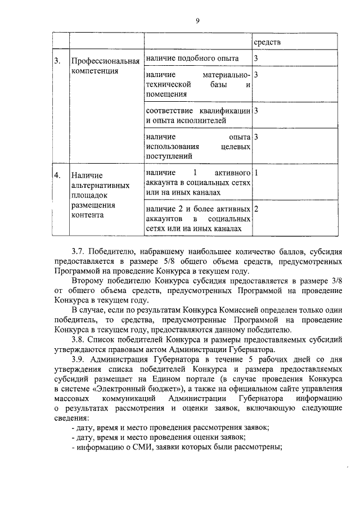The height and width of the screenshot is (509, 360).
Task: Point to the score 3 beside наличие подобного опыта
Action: point(256,58)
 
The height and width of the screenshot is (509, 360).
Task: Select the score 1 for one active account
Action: point(256,172)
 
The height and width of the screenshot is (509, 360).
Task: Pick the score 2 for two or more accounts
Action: point(256,209)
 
